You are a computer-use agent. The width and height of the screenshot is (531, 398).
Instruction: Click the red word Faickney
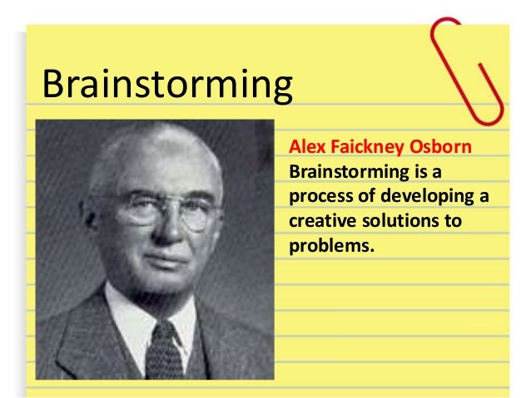click(x=363, y=149)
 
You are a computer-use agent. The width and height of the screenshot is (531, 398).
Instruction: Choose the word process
click(x=317, y=198)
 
